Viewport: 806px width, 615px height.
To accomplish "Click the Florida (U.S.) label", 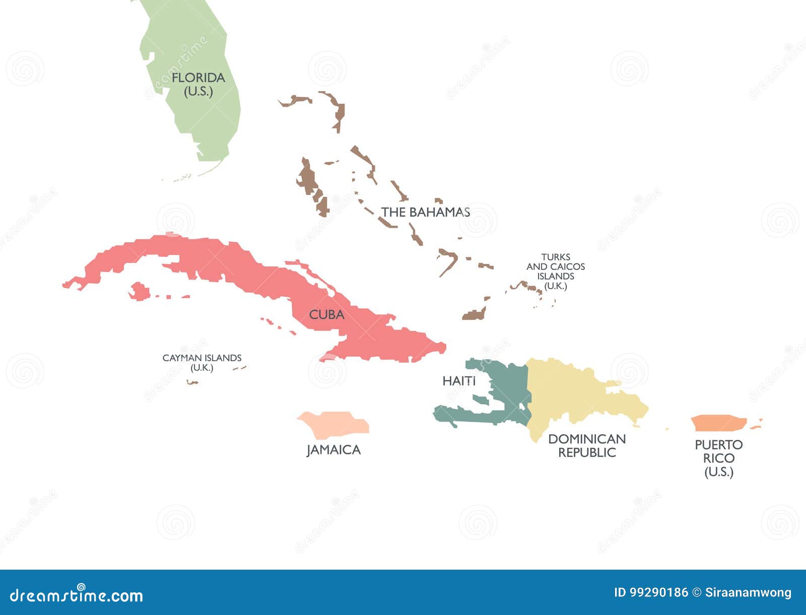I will click(198, 84).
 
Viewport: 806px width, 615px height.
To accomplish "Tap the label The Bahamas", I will click(425, 212).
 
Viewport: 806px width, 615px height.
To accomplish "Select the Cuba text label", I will click(326, 315).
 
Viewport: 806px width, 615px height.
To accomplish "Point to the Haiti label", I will click(458, 381).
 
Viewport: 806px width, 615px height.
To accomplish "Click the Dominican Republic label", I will click(587, 446).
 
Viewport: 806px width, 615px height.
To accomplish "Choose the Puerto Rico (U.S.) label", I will click(718, 458).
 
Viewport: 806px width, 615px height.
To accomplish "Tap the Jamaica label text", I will click(333, 450).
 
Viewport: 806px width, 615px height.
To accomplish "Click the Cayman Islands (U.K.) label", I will click(201, 363).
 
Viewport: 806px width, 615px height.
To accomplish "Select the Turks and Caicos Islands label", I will click(555, 271).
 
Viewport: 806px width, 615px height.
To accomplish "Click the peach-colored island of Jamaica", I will click(335, 424).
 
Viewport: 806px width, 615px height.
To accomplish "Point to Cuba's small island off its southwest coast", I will click(139, 291).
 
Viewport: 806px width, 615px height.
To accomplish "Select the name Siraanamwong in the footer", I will click(749, 593).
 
